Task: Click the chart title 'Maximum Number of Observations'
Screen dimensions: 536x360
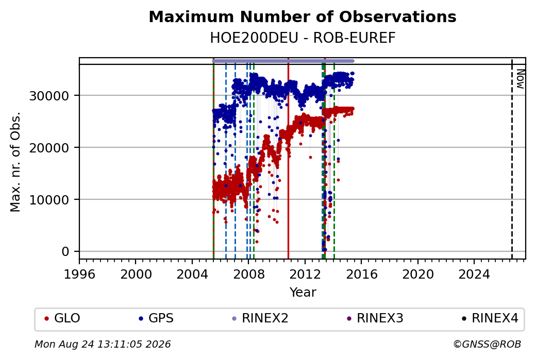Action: click(303, 16)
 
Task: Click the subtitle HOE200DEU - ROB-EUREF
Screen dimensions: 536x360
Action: click(303, 38)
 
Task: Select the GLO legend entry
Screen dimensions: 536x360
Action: click(62, 318)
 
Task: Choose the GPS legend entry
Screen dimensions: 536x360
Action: click(156, 318)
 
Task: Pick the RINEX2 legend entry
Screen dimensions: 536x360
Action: click(260, 318)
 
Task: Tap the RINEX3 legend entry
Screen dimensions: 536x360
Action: click(375, 318)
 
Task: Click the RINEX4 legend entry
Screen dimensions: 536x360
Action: click(490, 318)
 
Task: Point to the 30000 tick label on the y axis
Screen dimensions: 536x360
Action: click(49, 96)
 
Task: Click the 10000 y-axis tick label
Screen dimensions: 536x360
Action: click(49, 200)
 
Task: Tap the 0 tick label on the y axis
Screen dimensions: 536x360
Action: click(65, 252)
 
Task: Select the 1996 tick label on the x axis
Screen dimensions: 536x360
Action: click(79, 275)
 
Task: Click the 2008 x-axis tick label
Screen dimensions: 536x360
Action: click(248, 275)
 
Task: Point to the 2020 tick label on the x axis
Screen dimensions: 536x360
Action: click(418, 275)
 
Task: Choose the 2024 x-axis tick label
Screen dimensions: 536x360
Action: click(474, 275)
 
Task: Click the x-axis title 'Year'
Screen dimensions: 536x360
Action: click(303, 293)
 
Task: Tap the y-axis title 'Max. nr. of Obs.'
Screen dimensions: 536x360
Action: click(15, 162)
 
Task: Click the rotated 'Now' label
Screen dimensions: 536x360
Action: click(520, 79)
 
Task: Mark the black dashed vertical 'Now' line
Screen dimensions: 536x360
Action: click(512, 159)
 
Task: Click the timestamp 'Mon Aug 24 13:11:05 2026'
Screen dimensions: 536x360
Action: click(103, 344)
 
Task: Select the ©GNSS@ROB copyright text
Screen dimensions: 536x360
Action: click(487, 344)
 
